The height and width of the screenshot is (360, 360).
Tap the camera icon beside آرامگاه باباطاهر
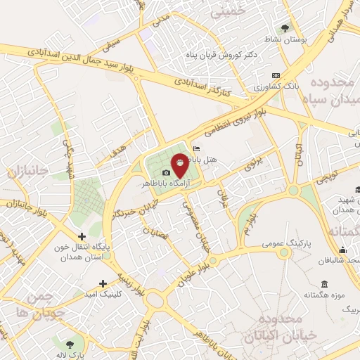click(166, 173)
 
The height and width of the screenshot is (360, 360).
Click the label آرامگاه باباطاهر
click(162, 182)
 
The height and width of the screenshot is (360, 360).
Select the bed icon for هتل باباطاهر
click(195, 148)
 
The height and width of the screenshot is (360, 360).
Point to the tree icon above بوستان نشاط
click(285, 28)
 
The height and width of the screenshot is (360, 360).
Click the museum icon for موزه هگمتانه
click(323, 283)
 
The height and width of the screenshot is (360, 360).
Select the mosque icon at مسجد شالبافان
click(342, 250)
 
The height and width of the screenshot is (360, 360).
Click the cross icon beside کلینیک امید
click(103, 283)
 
